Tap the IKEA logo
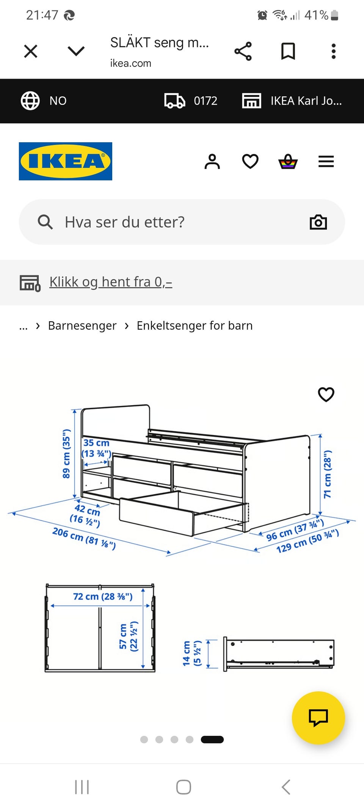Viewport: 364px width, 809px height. click(x=66, y=161)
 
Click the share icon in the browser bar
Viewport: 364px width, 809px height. click(x=243, y=51)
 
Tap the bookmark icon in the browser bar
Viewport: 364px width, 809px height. click(x=288, y=51)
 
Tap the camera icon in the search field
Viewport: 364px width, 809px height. click(x=318, y=222)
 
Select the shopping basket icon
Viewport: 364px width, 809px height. click(x=288, y=162)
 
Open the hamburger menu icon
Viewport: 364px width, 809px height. click(x=326, y=162)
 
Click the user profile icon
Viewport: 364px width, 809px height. click(x=212, y=162)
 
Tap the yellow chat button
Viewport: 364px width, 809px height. click(x=318, y=718)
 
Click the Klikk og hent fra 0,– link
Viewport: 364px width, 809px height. click(x=111, y=282)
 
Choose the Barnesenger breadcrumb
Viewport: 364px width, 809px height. click(x=82, y=326)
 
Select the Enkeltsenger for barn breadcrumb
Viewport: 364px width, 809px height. click(x=195, y=326)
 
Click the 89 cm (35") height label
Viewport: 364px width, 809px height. click(x=66, y=454)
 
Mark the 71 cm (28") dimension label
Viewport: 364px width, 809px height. click(x=328, y=474)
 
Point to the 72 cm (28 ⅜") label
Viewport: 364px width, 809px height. click(x=103, y=597)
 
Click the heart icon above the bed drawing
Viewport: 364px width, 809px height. click(x=326, y=394)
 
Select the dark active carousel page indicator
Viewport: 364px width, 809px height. click(x=212, y=740)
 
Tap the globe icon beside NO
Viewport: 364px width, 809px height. click(x=30, y=101)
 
